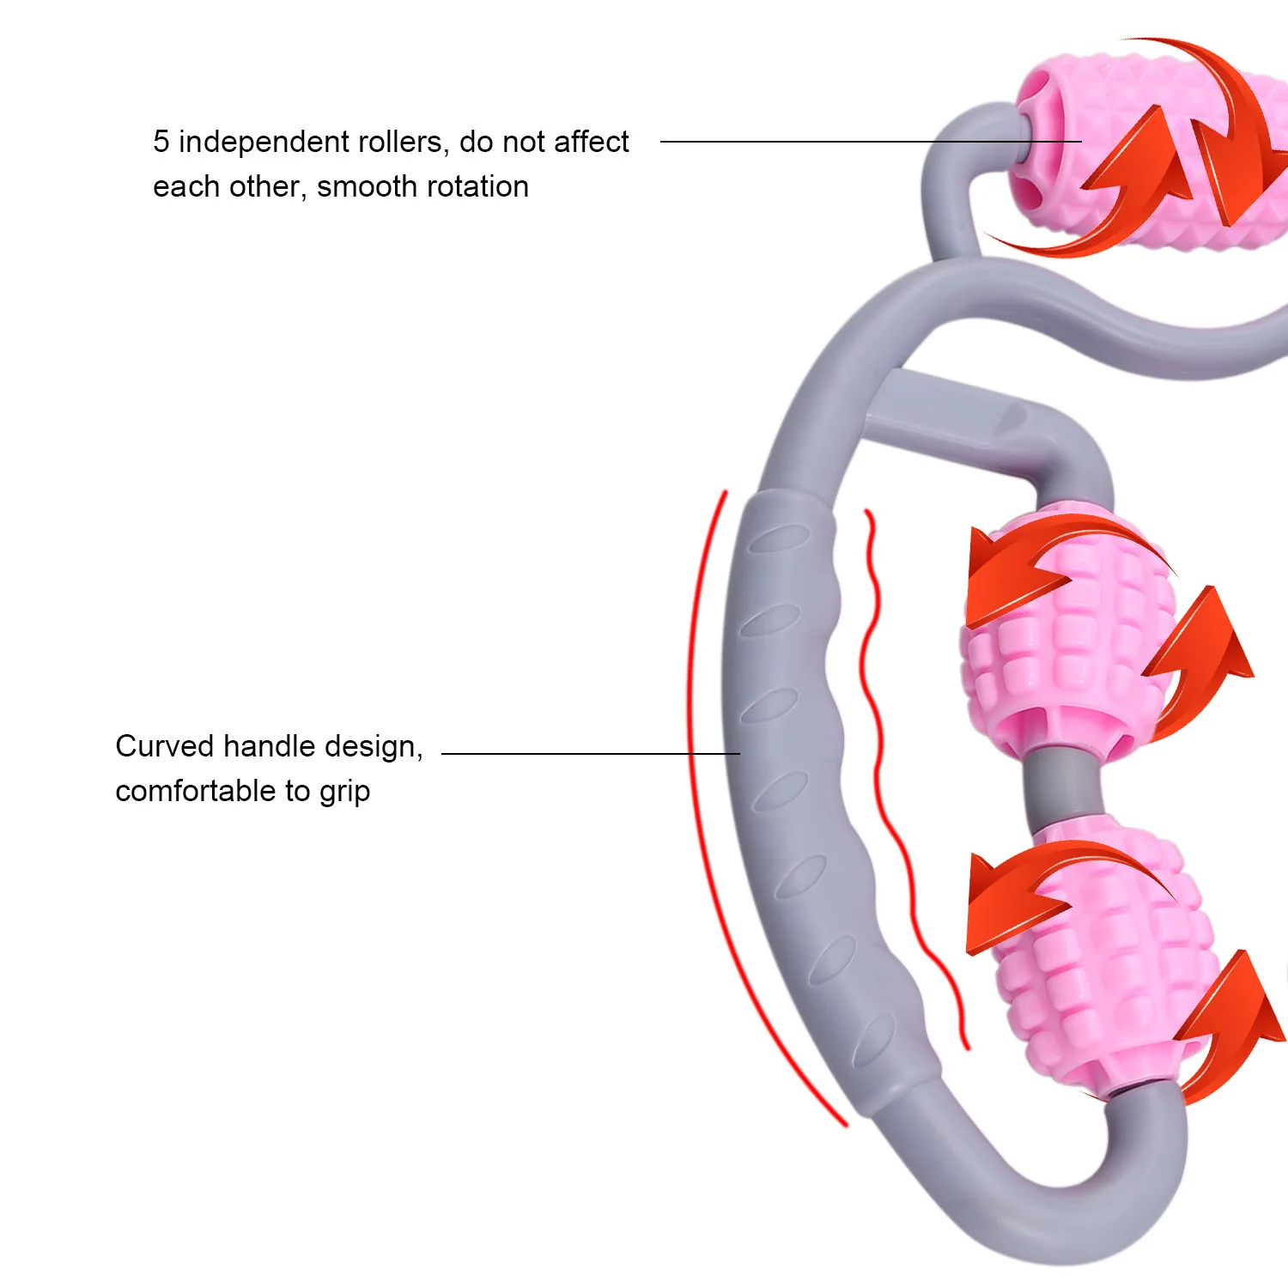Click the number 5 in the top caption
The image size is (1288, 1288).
[161, 142]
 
